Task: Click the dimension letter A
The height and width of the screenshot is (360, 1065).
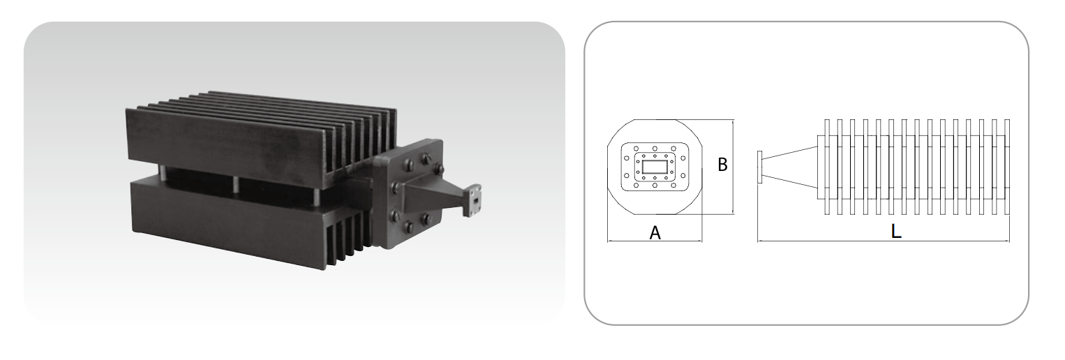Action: (655, 233)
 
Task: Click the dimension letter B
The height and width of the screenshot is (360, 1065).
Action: (722, 165)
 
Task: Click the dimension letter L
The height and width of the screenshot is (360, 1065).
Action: (895, 232)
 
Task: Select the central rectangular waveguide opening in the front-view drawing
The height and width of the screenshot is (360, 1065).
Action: (655, 167)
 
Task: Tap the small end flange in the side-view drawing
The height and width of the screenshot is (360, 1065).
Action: (760, 167)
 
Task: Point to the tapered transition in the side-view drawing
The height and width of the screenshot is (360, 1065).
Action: (790, 167)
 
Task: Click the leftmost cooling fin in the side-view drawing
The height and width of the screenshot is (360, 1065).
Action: (827, 167)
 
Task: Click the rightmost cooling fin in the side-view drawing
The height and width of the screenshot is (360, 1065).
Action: (1006, 167)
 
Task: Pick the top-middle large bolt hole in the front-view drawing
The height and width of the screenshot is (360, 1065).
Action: (655, 149)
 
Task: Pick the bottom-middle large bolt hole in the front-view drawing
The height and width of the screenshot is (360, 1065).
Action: (655, 186)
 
